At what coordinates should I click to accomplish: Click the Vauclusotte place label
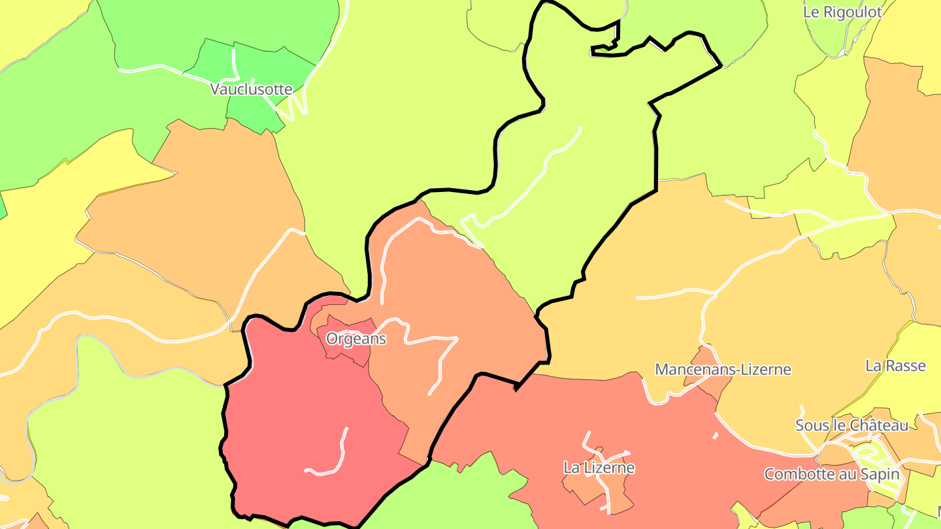point(251,89)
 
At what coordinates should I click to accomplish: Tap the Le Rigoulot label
point(842,12)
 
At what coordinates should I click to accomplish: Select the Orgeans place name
point(356,339)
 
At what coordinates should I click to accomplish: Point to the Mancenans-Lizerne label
point(723,370)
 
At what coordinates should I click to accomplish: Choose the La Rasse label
point(895,366)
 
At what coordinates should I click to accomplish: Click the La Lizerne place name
point(599,468)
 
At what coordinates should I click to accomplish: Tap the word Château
point(879,426)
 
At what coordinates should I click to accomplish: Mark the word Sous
point(809,426)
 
